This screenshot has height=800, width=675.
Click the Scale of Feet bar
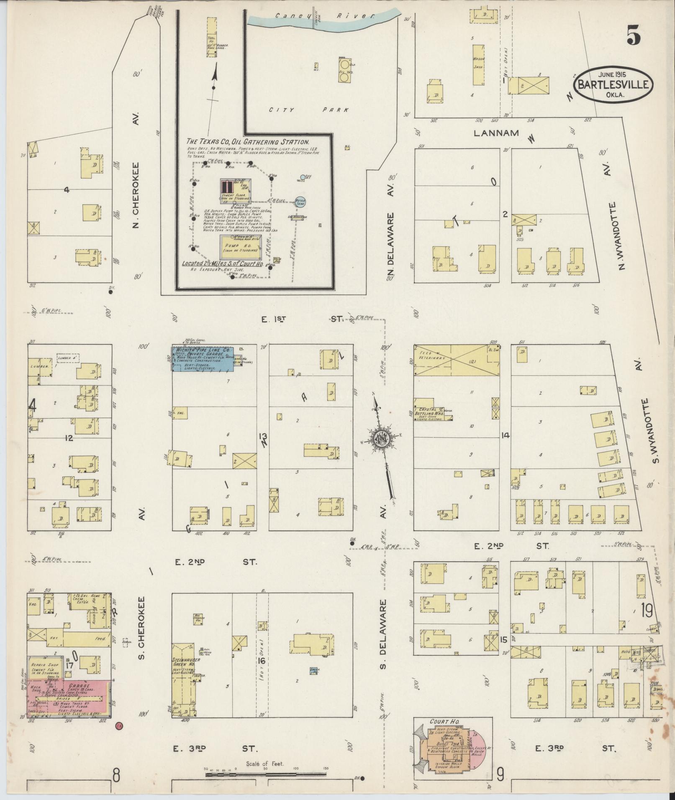(265, 774)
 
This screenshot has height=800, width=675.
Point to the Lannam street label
(496, 133)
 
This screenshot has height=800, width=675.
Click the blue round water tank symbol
(300, 202)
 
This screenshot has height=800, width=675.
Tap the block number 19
(646, 611)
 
